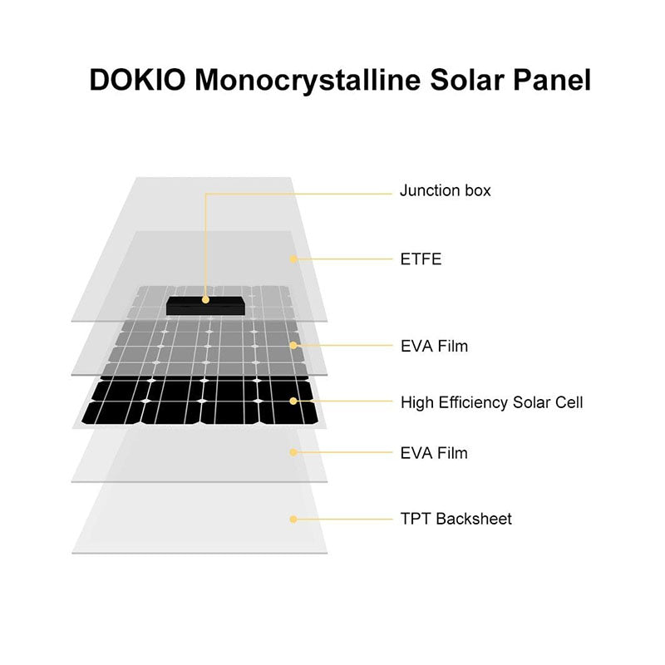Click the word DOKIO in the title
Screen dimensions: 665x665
(x=137, y=79)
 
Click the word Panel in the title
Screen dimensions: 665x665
(x=552, y=79)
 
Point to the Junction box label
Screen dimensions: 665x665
(x=445, y=190)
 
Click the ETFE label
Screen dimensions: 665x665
(x=421, y=259)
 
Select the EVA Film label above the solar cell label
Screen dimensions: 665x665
(x=434, y=346)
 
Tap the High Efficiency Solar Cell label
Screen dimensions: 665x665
(x=491, y=402)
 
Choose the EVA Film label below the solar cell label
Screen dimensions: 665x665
(x=434, y=453)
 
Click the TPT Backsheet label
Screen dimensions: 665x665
(x=456, y=519)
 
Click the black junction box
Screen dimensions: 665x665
(x=205, y=305)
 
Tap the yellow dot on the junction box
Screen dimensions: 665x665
(x=205, y=300)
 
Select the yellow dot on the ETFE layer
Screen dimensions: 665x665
(x=293, y=259)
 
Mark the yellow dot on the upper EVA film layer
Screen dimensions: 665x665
(x=293, y=346)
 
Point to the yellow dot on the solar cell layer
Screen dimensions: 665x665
(x=293, y=401)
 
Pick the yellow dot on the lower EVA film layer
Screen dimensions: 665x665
(x=293, y=452)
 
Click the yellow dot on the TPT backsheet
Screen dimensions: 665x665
(x=293, y=519)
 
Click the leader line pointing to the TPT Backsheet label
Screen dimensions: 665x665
(x=342, y=519)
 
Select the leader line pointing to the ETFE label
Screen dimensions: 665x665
(x=342, y=259)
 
